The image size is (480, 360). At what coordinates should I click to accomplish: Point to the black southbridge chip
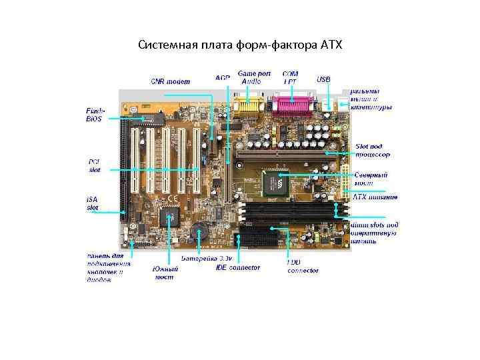coord(172,215)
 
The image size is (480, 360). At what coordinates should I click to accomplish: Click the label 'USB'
coord(323,79)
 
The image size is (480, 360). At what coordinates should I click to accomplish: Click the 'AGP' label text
coord(222,78)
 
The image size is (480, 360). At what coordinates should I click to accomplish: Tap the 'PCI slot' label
coord(95,165)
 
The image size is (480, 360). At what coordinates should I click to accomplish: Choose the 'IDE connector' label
coord(238,268)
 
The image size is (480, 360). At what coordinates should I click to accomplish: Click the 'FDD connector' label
coord(302,267)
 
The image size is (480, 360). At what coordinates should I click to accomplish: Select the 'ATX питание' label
coord(375,197)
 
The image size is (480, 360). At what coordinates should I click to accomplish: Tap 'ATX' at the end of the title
coord(329,45)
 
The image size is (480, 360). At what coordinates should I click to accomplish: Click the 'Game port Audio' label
coord(251,77)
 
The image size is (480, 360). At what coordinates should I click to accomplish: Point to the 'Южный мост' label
coord(164,273)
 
